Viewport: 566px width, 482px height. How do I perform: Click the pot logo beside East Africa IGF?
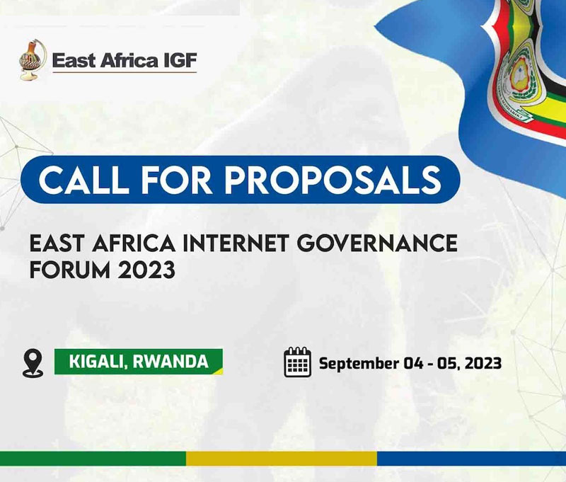[x=33, y=59]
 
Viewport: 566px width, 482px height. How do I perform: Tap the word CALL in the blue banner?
[x=83, y=180]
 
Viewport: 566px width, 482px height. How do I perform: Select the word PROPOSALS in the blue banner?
[x=333, y=180]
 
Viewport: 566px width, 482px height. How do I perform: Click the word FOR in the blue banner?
[x=177, y=180]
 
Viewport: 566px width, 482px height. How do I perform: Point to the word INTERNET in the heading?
[x=236, y=243]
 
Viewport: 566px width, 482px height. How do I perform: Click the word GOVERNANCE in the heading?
[x=377, y=243]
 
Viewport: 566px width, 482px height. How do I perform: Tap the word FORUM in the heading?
[x=69, y=270]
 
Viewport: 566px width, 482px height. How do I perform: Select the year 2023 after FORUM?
[x=146, y=270]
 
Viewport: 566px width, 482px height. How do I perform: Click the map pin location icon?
[x=33, y=363]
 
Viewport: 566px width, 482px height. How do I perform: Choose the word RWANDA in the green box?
[x=171, y=362]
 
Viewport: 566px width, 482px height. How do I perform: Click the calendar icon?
[x=297, y=362]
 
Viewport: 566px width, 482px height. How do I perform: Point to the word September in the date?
[x=359, y=364]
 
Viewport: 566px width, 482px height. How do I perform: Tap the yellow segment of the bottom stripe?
[x=282, y=459]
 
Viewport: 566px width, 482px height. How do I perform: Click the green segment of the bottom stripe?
[x=93, y=459]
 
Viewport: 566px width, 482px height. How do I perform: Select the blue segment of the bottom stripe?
[x=471, y=459]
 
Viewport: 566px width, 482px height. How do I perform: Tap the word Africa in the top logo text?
[x=129, y=60]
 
